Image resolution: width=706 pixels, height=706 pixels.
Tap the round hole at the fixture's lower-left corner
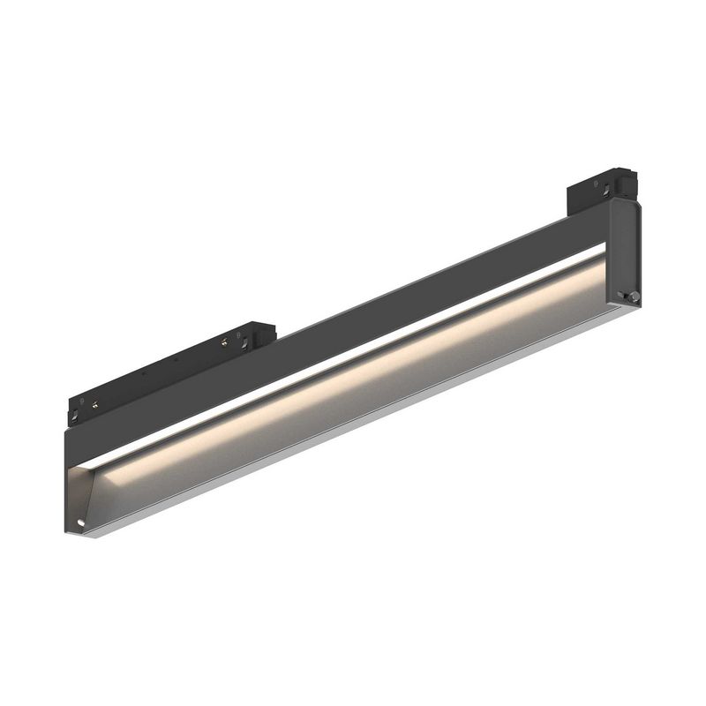(80, 523)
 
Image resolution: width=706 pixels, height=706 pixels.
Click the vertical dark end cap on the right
(626, 252)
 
